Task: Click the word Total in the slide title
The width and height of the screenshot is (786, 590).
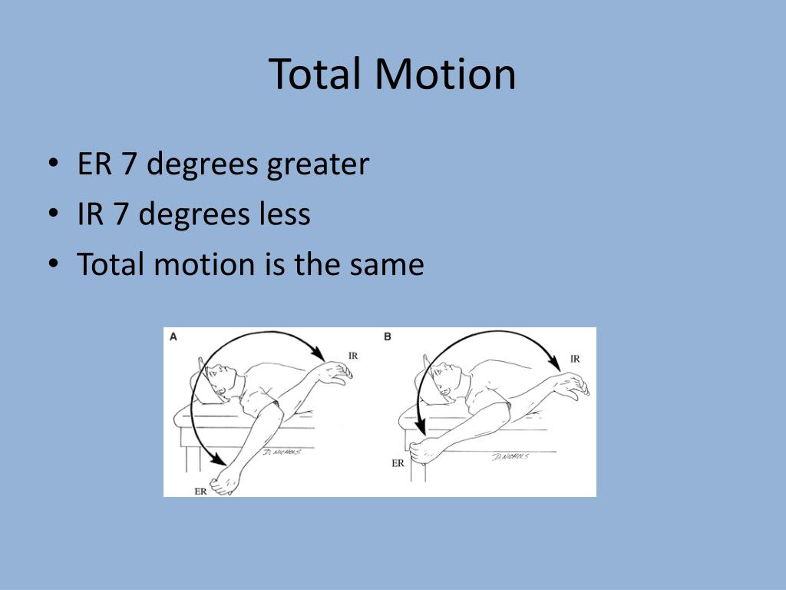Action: coord(316,75)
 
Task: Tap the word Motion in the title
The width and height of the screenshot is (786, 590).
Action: coord(446,75)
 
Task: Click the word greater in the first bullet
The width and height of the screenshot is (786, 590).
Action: coord(318,164)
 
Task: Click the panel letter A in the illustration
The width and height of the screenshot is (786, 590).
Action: coord(173,336)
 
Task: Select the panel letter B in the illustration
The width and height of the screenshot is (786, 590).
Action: coord(388,336)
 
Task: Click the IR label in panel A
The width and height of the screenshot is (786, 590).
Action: coord(352,356)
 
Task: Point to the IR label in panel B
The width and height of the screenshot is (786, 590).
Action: coord(575,358)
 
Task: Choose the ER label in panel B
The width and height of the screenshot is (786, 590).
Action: coord(398,463)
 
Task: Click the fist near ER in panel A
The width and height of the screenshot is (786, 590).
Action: coord(227,484)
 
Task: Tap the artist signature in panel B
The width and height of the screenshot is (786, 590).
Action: coord(510,456)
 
